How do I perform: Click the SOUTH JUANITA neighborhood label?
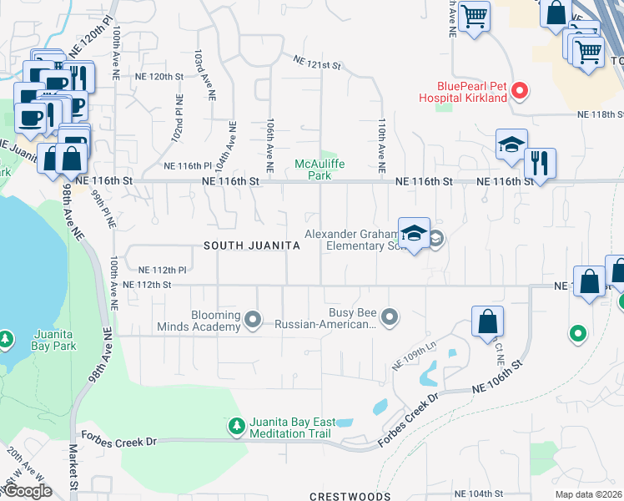pyautogui.click(x=252, y=245)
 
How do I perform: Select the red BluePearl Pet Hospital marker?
pyautogui.click(x=520, y=90)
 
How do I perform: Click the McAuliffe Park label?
pyautogui.click(x=320, y=170)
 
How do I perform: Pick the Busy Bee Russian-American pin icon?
pyautogui.click(x=390, y=316)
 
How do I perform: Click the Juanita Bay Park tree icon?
pyautogui.click(x=7, y=339)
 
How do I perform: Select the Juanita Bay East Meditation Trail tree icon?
pyautogui.click(x=237, y=427)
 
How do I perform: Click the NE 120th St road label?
pyautogui.click(x=159, y=76)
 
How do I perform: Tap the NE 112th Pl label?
pyautogui.click(x=162, y=270)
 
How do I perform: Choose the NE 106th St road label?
pyautogui.click(x=497, y=377)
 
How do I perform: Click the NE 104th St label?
pyautogui.click(x=479, y=493)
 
